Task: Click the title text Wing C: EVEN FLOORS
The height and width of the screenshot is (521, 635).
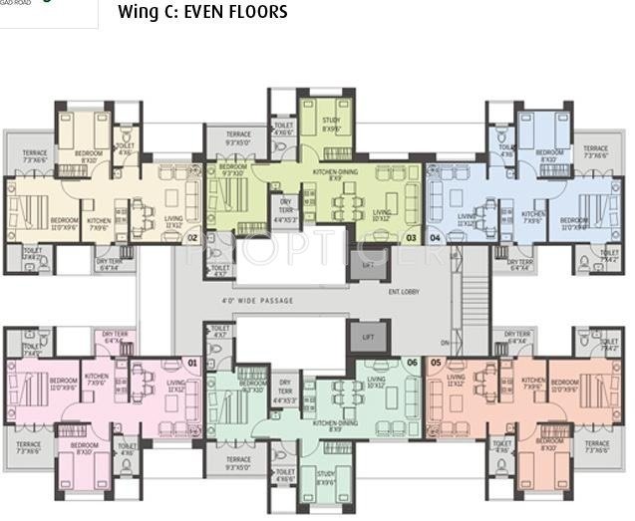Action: [202, 13]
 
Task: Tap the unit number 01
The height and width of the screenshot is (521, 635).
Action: [193, 364]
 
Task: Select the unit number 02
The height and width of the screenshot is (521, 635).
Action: [192, 238]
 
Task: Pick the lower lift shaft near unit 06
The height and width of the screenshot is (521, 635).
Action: [367, 337]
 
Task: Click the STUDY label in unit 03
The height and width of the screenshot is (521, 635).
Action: [331, 124]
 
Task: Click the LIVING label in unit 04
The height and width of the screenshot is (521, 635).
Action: [466, 216]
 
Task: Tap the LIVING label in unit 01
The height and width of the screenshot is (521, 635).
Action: [175, 384]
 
